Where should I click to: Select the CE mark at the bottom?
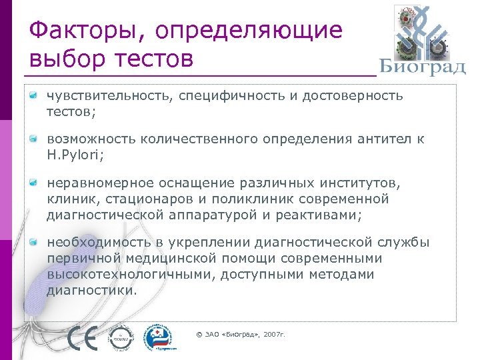coord(83,338)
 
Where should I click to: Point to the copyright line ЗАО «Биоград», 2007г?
coord(241,333)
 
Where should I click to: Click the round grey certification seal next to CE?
coord(122,338)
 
